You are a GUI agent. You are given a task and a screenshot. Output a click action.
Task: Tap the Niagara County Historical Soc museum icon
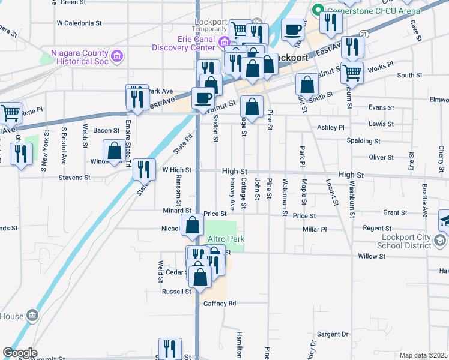point(117,57)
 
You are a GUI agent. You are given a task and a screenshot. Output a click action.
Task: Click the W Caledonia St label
point(79,23)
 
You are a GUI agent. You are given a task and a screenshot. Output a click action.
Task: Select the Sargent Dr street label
point(333,334)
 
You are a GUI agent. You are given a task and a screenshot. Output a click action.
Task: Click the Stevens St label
point(74,178)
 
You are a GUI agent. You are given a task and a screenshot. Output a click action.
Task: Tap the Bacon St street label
point(106,130)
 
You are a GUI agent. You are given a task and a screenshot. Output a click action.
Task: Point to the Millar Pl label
point(315,229)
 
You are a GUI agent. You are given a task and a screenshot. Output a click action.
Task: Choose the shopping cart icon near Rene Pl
point(11,112)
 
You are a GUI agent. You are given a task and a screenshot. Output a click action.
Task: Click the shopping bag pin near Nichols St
point(192,226)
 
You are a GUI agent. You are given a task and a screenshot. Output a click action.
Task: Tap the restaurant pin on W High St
point(143,169)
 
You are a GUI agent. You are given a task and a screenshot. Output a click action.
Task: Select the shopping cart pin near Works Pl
point(352,72)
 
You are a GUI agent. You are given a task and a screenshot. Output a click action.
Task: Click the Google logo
point(20,353)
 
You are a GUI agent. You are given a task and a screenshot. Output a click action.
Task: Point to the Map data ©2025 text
point(423,355)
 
